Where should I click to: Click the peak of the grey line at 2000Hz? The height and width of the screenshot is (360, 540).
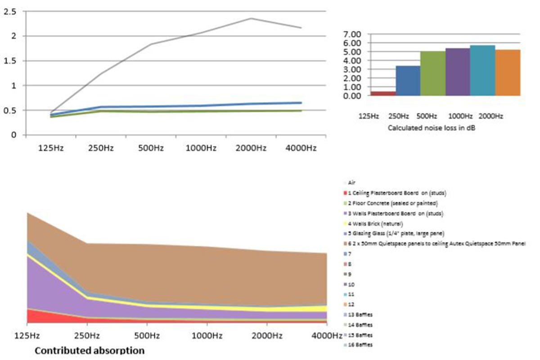[251, 18]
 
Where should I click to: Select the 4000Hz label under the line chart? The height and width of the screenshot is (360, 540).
[301, 148]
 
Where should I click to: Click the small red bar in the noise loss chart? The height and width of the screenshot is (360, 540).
[383, 93]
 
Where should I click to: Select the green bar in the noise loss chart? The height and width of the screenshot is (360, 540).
[432, 73]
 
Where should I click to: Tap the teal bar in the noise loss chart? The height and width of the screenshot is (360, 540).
[482, 70]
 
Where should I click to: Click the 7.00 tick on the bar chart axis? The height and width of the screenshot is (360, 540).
[352, 34]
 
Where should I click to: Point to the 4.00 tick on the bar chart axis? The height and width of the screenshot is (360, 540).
[352, 60]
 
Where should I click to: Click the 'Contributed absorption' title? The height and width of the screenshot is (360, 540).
[90, 350]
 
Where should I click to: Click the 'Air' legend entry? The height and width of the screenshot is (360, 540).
[351, 183]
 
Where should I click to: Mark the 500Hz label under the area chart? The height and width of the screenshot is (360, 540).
[147, 336]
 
